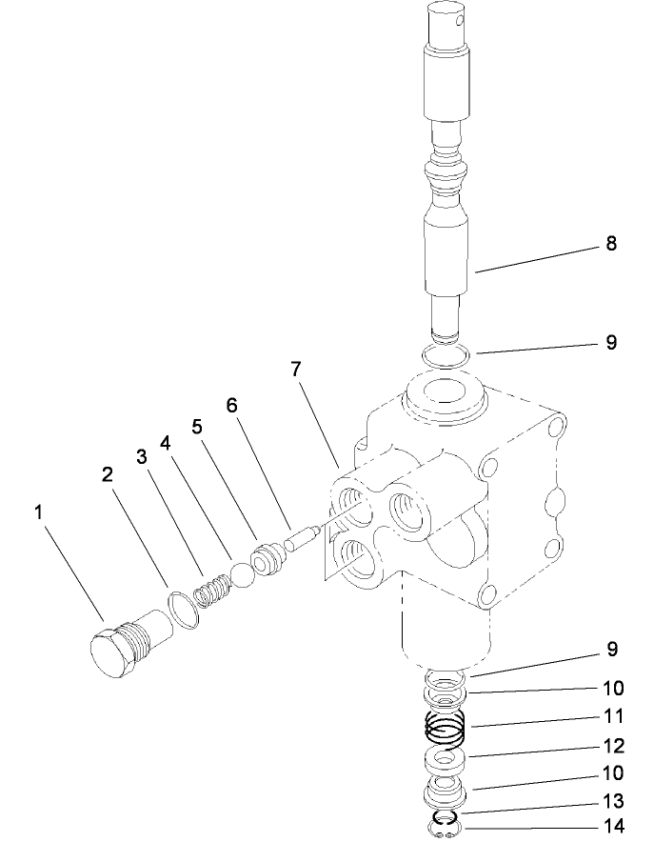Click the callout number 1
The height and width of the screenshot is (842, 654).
(39, 513)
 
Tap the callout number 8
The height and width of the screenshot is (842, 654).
(610, 244)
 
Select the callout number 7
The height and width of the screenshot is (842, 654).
(298, 370)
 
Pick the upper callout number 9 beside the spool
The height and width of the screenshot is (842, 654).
(610, 342)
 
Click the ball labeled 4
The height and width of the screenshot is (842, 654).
(242, 574)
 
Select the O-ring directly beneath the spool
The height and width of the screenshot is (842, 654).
(445, 356)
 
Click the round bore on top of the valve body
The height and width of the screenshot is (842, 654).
(444, 391)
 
